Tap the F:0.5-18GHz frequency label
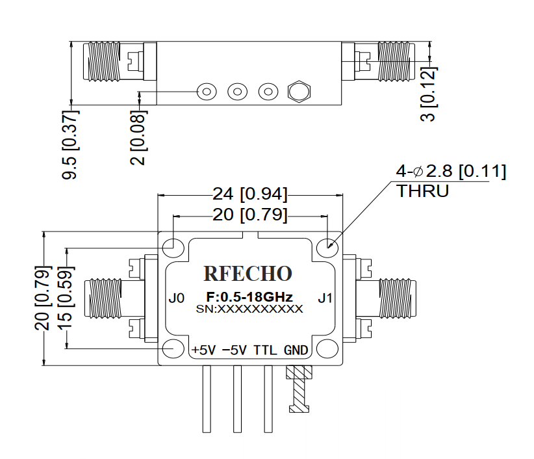point(249,297)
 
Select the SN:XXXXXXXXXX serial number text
point(249,309)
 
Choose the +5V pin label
point(203,350)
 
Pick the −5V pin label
point(234,350)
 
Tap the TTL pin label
point(265,350)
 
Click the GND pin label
point(296,350)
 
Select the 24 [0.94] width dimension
point(250,194)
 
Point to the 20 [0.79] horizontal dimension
point(250,215)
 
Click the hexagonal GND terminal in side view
point(298,92)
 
